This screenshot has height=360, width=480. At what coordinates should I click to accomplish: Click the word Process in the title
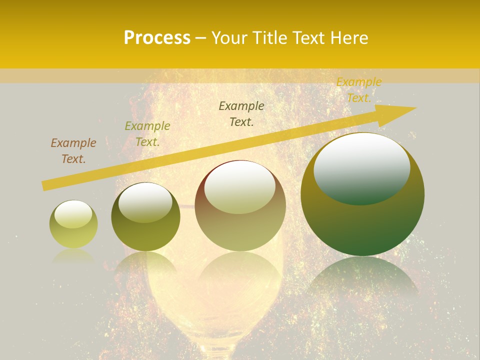click(x=157, y=38)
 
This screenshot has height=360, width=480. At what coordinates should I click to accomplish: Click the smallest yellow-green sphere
click(x=73, y=224)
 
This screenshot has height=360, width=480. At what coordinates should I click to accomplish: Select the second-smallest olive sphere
click(x=145, y=216)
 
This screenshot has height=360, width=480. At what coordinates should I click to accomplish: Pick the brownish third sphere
click(x=240, y=205)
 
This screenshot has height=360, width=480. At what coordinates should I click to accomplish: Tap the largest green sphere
click(x=362, y=194)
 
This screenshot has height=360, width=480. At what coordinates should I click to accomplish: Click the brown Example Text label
click(x=73, y=151)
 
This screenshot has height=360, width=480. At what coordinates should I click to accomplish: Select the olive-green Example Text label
click(x=147, y=134)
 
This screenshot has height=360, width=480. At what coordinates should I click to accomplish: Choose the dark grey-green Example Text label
click(x=241, y=114)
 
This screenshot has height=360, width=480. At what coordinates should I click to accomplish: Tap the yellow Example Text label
click(x=359, y=90)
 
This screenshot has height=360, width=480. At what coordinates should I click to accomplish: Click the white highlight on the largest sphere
click(x=361, y=168)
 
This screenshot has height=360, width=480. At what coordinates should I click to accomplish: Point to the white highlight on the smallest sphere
click(x=73, y=214)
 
